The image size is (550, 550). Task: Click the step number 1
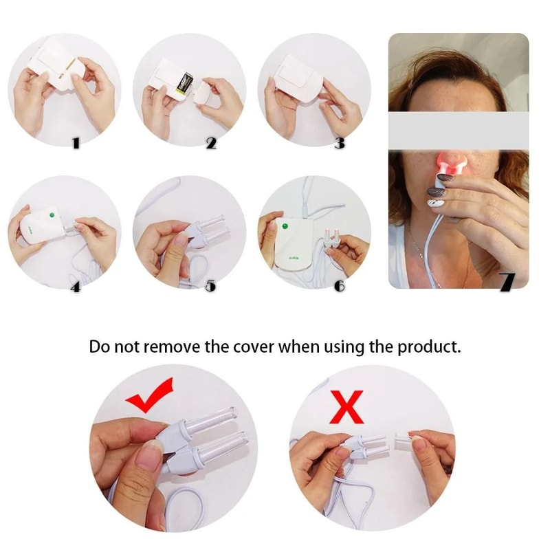click(76, 143)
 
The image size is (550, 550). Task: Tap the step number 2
click(211, 143)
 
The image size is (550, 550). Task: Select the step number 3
click(339, 143)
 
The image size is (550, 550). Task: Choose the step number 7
click(507, 283)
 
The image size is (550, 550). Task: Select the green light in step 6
click(282, 225)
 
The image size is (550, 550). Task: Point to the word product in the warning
click(426, 346)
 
